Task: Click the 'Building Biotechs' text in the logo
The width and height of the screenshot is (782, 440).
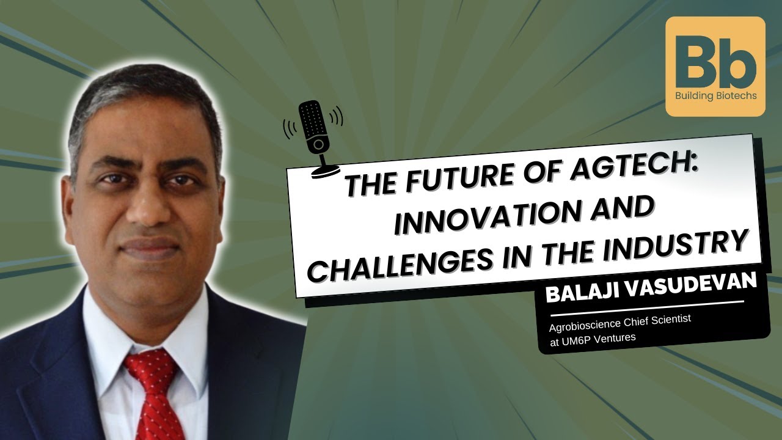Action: tap(715, 96)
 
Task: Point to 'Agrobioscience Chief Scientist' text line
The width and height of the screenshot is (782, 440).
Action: tap(620, 323)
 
